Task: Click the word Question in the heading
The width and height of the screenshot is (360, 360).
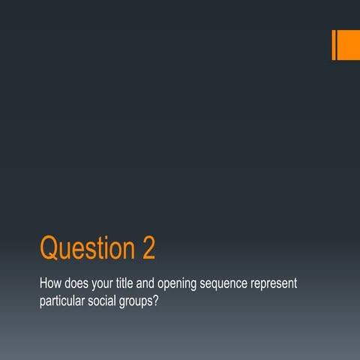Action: pos(85,248)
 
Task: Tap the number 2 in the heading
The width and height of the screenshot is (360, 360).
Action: pos(147,248)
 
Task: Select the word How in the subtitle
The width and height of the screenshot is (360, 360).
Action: pos(50,286)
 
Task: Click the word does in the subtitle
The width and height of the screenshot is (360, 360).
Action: pos(79,286)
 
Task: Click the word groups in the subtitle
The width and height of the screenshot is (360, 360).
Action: pos(155,304)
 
